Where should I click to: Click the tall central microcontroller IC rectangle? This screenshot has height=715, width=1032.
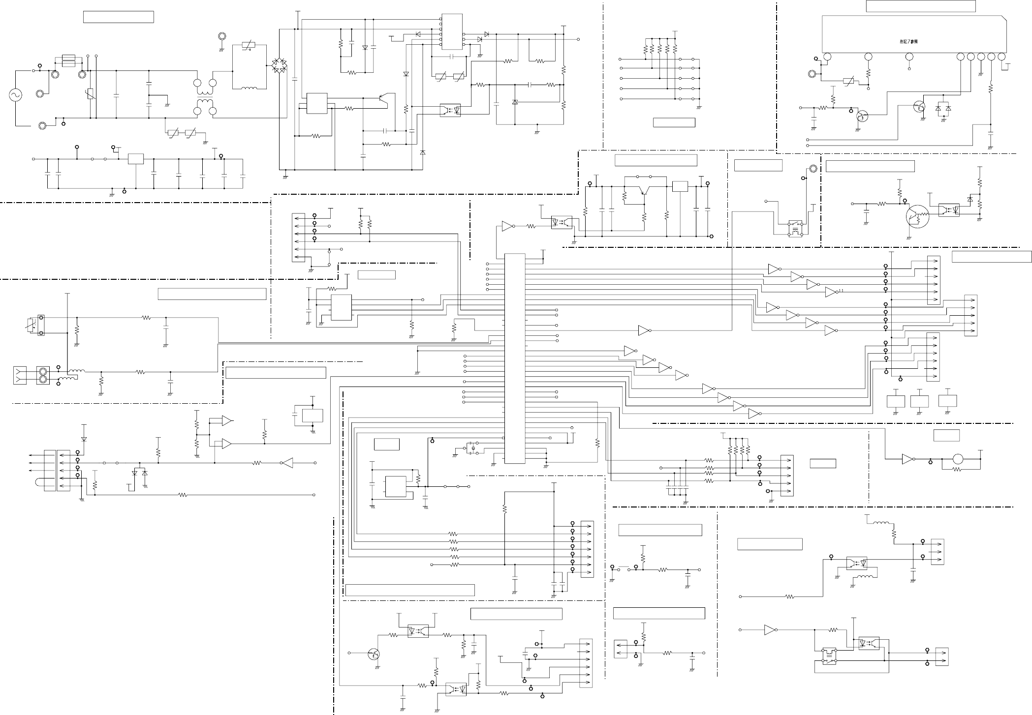tap(515, 358)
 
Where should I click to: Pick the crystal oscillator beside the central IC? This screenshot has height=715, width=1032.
tap(472, 448)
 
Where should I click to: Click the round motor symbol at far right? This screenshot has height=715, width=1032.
tap(958, 459)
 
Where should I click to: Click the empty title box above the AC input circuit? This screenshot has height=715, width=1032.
tap(119, 17)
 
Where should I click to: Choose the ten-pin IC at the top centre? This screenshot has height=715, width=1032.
tap(452, 32)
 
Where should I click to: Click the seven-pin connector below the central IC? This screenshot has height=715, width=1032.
tap(587, 549)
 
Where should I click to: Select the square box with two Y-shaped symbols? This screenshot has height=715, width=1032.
tap(21, 376)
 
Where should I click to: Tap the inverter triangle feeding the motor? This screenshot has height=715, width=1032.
tap(907, 459)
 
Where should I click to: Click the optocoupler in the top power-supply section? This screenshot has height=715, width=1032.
tap(450, 110)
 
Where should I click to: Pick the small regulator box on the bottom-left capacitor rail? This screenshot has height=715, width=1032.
tap(136, 159)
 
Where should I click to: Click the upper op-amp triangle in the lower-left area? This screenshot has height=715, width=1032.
tap(226, 420)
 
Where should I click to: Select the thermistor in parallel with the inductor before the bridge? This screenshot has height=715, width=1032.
tap(249, 47)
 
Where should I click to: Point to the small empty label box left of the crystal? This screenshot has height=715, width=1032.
tap(386, 445)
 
